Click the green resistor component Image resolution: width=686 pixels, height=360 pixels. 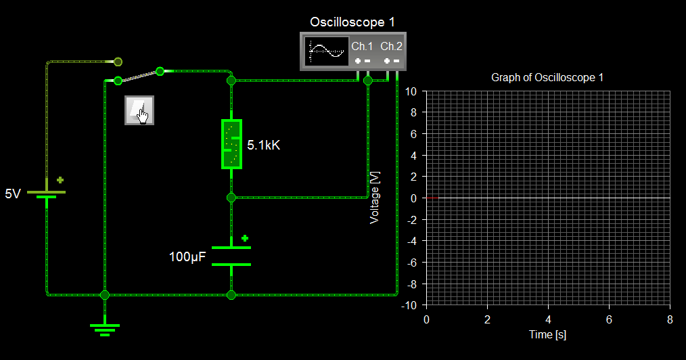tap(231, 143)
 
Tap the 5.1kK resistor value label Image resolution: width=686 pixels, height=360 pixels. tap(263, 145)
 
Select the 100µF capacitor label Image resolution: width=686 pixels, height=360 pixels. tap(187, 257)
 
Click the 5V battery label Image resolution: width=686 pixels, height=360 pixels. tap(13, 194)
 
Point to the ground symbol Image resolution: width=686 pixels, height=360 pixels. tap(105, 329)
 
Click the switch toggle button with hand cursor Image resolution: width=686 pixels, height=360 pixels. tap(139, 110)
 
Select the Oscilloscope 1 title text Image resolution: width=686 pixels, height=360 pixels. tap(352, 22)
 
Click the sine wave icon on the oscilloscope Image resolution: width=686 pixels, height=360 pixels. tap(325, 51)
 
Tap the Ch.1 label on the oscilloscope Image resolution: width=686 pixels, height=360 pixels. tap(362, 46)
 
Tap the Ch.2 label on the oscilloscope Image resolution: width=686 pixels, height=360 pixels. tap(391, 46)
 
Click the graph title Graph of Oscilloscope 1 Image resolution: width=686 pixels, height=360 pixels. tap(547, 77)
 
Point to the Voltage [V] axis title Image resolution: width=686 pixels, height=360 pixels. tap(375, 198)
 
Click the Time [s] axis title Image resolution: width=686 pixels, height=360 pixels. tap(547, 335)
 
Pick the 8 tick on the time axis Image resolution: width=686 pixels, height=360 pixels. tap(670, 318)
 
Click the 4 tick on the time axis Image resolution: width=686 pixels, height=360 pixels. tap(548, 318)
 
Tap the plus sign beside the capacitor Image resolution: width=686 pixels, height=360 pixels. tap(245, 238)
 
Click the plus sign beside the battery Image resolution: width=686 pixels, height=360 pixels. tap(60, 180)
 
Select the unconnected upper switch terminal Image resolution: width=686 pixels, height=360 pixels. tap(118, 62)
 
